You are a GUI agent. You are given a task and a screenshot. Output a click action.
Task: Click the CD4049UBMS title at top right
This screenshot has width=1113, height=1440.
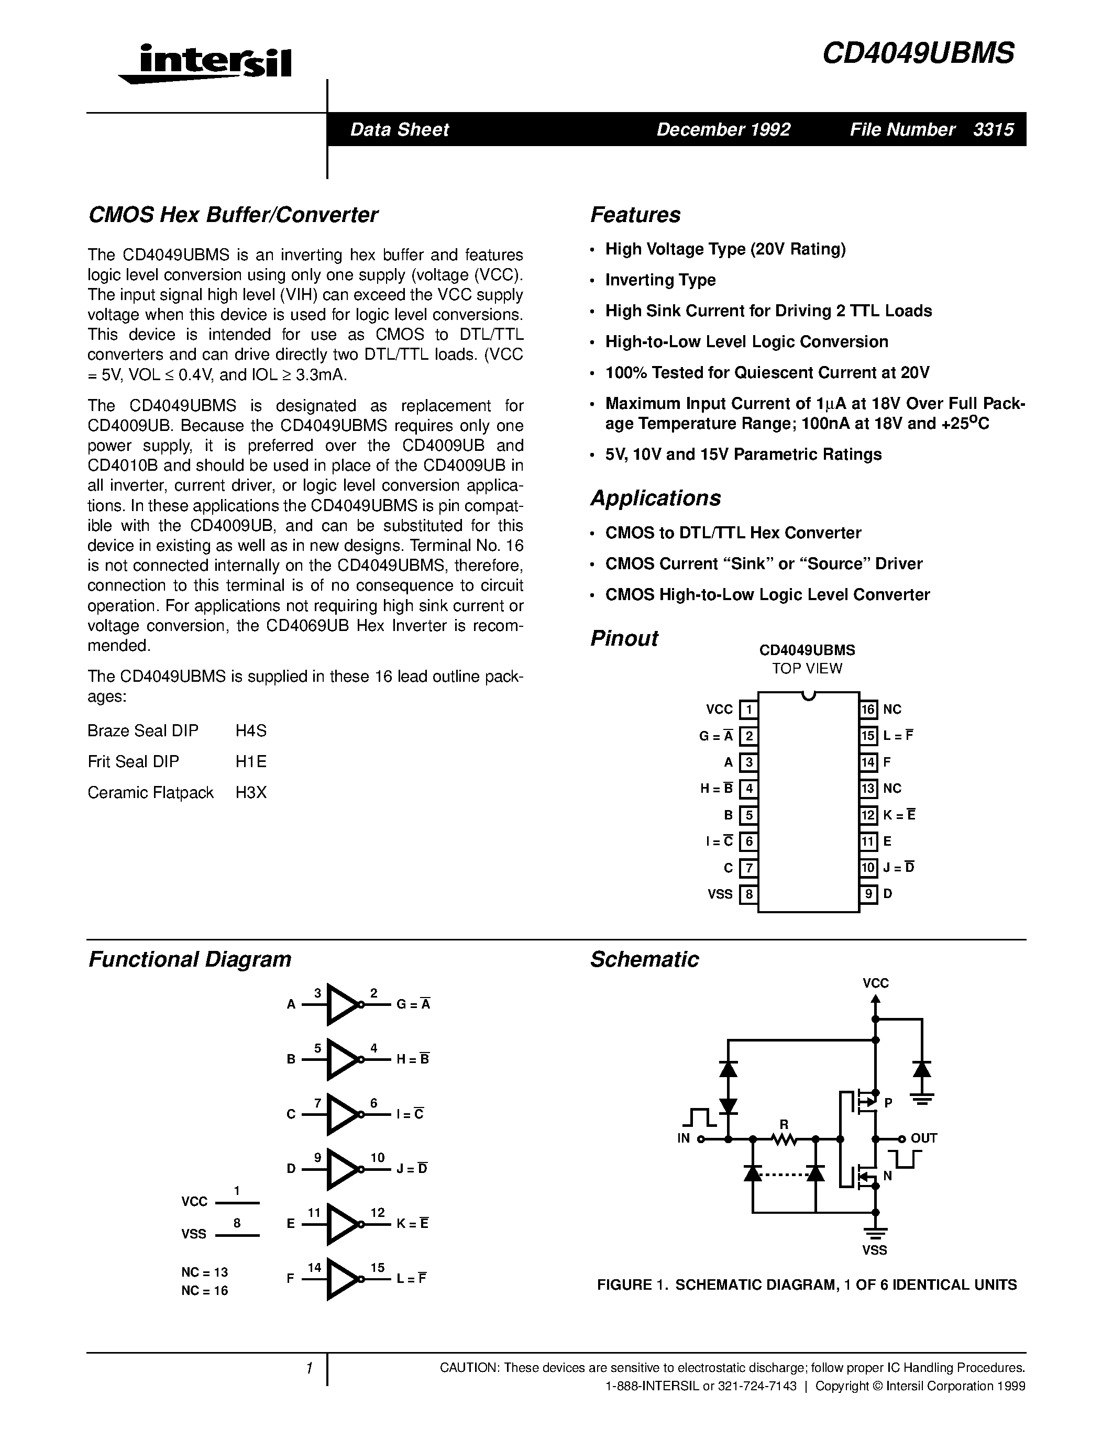[x=918, y=53]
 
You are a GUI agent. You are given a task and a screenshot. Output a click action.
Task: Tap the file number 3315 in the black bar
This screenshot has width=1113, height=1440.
[x=993, y=129]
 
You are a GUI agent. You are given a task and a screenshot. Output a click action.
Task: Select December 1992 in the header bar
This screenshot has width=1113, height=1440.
[x=723, y=129]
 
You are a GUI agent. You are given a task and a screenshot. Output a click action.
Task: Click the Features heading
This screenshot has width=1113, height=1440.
[x=635, y=215]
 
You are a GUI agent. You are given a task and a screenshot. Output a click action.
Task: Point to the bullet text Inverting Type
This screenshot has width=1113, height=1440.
[x=660, y=280]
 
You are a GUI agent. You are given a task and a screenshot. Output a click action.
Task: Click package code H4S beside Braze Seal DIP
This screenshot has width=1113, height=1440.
[x=250, y=730]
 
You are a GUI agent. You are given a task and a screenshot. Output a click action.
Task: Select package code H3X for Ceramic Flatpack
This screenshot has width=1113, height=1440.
[x=250, y=793]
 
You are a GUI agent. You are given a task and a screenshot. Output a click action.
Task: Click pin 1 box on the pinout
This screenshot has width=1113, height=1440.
[x=748, y=710]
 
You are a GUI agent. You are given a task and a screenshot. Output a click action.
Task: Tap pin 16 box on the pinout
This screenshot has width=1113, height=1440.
[x=868, y=710]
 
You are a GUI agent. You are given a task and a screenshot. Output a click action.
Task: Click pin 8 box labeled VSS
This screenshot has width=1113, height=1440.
[x=748, y=895]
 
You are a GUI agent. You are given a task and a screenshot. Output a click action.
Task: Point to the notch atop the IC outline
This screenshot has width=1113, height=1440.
[x=808, y=695]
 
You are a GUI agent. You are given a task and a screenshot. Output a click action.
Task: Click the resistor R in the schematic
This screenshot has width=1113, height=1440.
[x=784, y=1137]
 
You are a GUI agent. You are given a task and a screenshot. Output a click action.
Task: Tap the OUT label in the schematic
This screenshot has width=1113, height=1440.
[x=924, y=1138]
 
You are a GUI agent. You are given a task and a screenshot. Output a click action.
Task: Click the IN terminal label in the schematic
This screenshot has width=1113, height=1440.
[x=683, y=1138]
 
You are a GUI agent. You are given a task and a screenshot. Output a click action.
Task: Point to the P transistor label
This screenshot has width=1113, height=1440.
[x=888, y=1102]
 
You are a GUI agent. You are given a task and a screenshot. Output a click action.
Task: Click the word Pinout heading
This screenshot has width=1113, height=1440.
[x=624, y=638]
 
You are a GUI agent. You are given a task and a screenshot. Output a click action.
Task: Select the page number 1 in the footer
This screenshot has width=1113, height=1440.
[x=308, y=1369]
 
